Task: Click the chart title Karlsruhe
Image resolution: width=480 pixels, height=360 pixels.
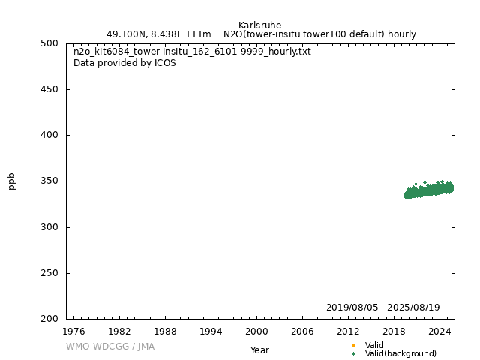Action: [259, 25]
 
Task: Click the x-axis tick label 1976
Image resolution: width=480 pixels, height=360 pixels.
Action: [73, 331]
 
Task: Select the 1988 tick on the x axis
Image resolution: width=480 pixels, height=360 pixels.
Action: [165, 331]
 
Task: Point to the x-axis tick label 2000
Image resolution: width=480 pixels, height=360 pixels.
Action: [256, 331]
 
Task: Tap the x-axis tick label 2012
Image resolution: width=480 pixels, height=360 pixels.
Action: [348, 331]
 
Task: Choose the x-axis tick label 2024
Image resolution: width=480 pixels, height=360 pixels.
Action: [439, 331]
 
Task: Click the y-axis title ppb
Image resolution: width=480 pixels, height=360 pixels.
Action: [12, 181]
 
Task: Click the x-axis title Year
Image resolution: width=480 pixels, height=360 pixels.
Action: [259, 350]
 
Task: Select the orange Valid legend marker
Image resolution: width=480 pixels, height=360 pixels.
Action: [353, 346]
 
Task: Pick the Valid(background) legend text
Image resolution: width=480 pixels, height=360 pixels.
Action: [400, 354]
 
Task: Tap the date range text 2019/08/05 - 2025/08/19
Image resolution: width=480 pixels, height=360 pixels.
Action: [382, 307]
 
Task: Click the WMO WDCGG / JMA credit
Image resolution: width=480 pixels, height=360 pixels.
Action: [109, 346]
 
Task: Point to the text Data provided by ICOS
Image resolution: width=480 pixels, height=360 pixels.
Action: [124, 63]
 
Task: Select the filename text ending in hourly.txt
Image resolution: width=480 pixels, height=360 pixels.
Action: [192, 52]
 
